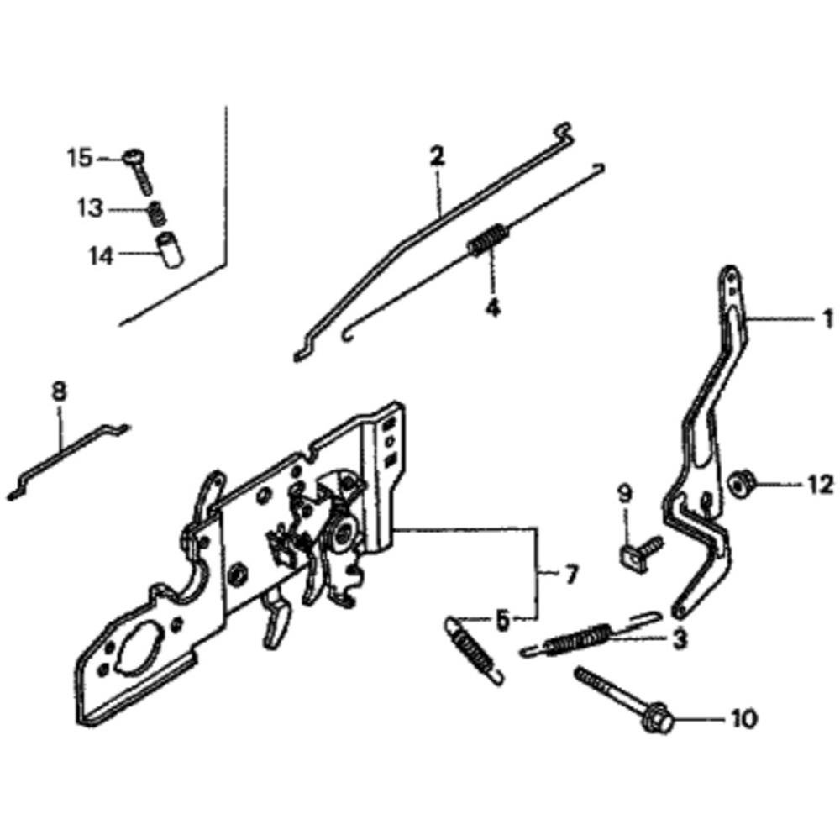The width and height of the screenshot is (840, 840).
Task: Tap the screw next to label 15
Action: pos(139,171)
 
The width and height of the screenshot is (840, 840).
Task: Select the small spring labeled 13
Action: pos(156,213)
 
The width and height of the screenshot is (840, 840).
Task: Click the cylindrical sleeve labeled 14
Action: pos(169,249)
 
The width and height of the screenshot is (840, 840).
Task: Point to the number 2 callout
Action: pos(437,157)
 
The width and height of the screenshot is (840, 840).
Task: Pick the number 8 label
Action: pos(59,391)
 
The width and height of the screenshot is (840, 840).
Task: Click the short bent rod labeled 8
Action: pos(67,460)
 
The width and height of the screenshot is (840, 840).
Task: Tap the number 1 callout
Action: pos(827,319)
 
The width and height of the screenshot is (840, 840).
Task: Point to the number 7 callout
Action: pos(569,575)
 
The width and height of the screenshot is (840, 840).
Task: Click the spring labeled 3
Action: pos(587,636)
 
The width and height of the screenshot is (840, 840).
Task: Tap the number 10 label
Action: pos(744,718)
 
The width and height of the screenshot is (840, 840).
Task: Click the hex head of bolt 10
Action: pos(656,720)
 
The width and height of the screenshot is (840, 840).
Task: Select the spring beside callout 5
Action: pos(474,649)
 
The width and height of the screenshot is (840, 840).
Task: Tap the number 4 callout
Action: pos(492,307)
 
